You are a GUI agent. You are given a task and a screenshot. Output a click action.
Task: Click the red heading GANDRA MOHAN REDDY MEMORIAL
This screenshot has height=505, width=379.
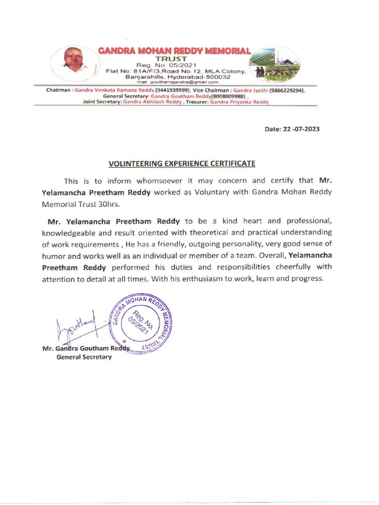click(175, 51)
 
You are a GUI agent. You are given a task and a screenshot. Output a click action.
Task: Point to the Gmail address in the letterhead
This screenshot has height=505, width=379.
click(175, 82)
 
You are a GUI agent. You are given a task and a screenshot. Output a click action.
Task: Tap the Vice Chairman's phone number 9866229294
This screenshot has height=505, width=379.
click(287, 91)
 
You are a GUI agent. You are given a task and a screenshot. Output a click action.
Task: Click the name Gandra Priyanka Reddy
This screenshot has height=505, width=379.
click(239, 102)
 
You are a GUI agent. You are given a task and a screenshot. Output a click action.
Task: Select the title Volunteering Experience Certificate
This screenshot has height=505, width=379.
click(182, 163)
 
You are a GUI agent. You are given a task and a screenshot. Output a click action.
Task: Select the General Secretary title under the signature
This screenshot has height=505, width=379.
click(84, 357)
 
